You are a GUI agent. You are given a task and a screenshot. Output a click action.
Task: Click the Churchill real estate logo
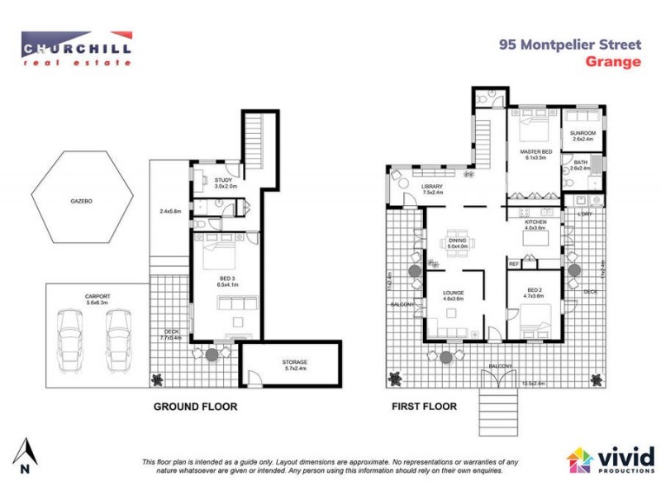coord(76,47)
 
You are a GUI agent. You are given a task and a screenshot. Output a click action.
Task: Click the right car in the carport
coord(119,340)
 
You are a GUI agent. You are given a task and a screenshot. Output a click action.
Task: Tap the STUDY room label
coord(223,180)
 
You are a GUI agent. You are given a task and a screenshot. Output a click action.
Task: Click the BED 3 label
coord(226,279)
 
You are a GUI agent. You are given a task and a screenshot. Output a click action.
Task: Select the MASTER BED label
coord(535,153)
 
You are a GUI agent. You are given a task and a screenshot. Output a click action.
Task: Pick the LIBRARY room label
coord(432,187)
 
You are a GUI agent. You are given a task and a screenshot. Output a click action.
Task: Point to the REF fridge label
coord(513,264)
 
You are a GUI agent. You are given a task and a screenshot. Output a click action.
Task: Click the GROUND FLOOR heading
coord(195,407)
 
